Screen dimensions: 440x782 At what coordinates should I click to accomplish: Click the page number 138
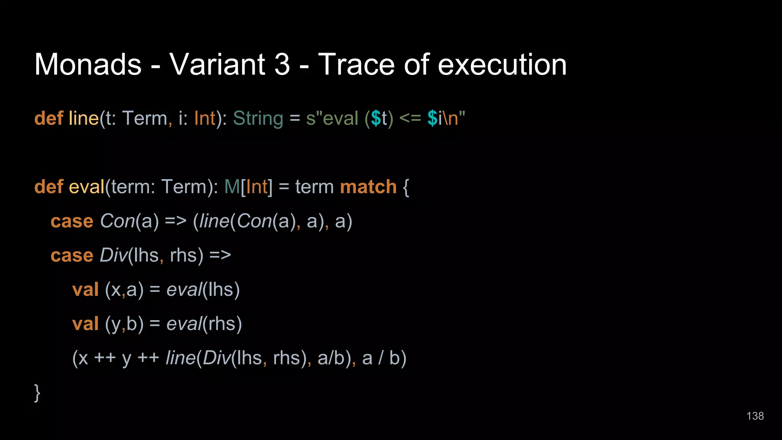point(755,416)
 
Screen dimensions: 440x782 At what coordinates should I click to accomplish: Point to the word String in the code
point(258,118)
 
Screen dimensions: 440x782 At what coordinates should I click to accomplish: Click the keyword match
point(368,187)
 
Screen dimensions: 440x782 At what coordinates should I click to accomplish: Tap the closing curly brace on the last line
point(37,393)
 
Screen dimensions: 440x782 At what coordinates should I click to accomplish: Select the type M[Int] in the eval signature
point(248,187)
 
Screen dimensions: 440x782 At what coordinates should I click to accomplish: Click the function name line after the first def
point(84,118)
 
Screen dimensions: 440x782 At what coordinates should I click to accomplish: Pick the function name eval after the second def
point(86,187)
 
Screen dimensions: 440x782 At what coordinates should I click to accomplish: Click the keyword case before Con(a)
point(72,221)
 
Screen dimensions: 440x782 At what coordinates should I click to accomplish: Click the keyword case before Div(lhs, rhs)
point(72,256)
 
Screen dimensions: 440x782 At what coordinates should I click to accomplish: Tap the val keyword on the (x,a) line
point(86,290)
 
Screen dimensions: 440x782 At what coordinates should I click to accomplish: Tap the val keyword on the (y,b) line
point(86,324)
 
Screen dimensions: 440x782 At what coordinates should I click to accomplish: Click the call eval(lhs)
point(203,290)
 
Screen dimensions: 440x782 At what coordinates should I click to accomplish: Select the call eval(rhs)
point(204,324)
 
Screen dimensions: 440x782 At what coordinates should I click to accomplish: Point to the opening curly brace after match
point(406,188)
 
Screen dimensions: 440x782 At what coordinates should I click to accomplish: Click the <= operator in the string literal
point(410,118)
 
